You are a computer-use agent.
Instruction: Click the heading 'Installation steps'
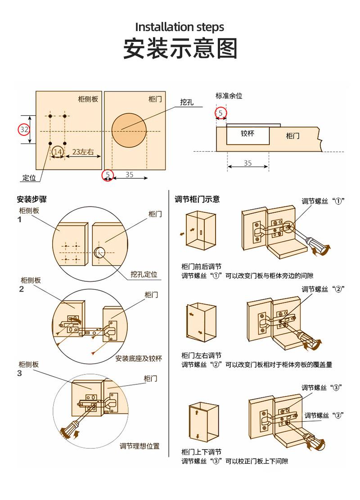180,27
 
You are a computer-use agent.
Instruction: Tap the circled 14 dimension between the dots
58,152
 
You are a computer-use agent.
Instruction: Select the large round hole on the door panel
129,131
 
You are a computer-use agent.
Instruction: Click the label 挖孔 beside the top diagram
187,102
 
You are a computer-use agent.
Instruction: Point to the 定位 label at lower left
29,178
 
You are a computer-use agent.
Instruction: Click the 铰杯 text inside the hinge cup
247,133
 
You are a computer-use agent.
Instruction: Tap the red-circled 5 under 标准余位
220,113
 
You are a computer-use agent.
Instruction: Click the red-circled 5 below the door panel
108,175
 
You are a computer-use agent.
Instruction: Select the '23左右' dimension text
83,152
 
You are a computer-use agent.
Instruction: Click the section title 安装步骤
31,200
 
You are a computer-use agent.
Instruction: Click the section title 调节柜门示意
197,199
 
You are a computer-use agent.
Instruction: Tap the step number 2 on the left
21,289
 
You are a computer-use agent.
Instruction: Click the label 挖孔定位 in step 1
144,274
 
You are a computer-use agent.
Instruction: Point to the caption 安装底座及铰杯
139,359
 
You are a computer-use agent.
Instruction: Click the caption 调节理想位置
139,446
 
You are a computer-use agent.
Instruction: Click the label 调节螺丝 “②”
323,289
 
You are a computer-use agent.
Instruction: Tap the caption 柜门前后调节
201,266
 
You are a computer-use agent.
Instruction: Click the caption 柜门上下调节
201,452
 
